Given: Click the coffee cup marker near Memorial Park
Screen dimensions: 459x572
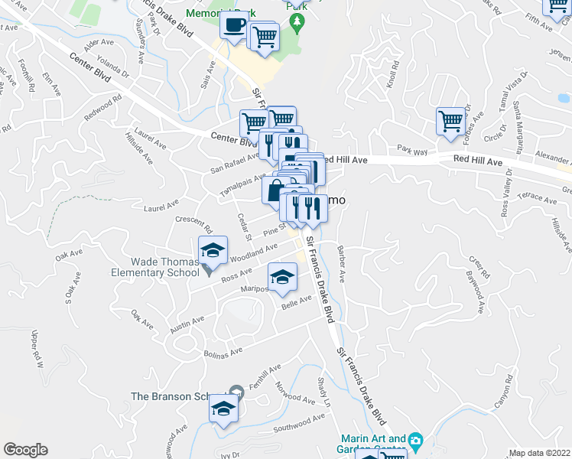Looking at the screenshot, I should [234, 24].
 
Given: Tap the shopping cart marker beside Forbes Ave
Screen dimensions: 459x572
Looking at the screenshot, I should [450, 120].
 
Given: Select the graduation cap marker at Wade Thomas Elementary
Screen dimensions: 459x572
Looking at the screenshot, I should [213, 250].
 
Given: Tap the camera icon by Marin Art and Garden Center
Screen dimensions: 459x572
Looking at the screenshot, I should [415, 441].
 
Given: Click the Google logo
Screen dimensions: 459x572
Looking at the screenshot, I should [25, 450].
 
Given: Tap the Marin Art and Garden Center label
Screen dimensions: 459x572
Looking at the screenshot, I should [375, 444].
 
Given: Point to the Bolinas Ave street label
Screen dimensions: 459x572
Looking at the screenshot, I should [223, 353].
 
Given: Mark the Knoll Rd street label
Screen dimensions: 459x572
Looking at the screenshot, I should [394, 74].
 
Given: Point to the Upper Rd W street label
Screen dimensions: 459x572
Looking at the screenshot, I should [34, 348].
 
